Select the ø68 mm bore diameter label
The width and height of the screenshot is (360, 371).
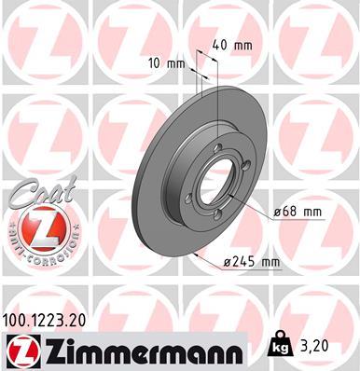pos(298,213)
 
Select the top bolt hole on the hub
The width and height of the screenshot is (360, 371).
pos(213,144)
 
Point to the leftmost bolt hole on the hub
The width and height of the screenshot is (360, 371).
pos(191,195)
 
